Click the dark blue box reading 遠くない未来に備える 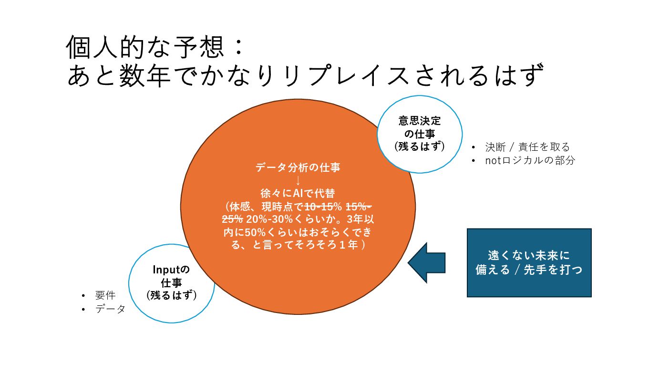pyautogui.click(x=529, y=263)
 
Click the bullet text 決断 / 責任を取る pyautogui.click(x=527, y=147)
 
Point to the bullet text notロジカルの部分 pyautogui.click(x=530, y=160)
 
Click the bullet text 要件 pyautogui.click(x=105, y=295)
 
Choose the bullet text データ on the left pyautogui.click(x=110, y=309)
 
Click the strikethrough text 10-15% pyautogui.click(x=323, y=207)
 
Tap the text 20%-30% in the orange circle pyautogui.click(x=264, y=220)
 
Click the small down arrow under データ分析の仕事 pyautogui.click(x=298, y=180)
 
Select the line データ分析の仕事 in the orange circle pyautogui.click(x=298, y=167)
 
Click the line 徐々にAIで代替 pyautogui.click(x=298, y=194)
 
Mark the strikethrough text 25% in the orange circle pyautogui.click(x=232, y=220)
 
